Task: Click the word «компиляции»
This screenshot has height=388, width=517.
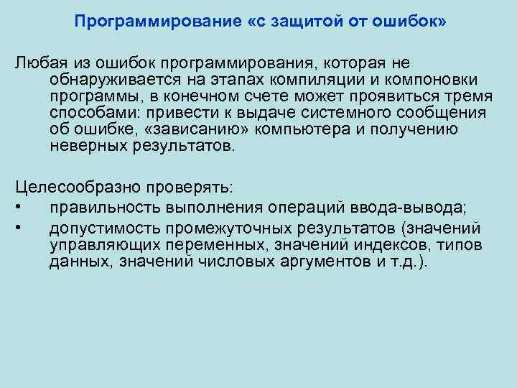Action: pos(334,80)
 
